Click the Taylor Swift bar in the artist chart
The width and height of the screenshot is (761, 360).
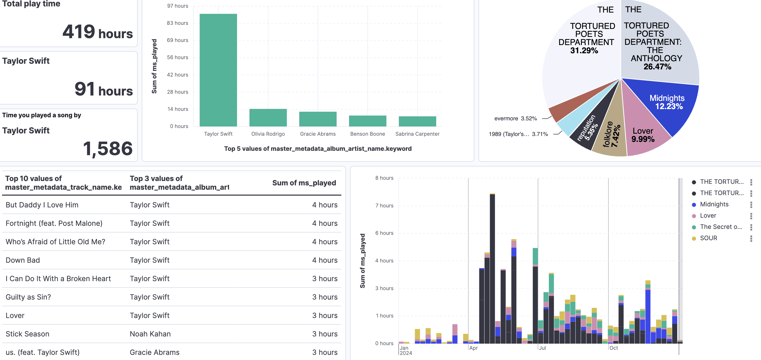(x=218, y=70)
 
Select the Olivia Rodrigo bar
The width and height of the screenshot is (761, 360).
(x=268, y=118)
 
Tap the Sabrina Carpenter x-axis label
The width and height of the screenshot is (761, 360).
(x=417, y=134)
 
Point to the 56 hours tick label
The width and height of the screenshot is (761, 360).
(x=177, y=57)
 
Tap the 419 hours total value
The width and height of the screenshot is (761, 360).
(x=97, y=32)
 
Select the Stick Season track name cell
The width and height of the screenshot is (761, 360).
(x=27, y=334)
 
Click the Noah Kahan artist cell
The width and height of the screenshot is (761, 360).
(x=150, y=334)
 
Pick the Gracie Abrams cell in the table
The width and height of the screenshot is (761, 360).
(x=155, y=352)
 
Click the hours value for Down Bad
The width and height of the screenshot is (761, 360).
(x=324, y=260)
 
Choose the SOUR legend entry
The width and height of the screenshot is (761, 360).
(x=708, y=238)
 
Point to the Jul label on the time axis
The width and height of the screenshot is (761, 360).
(x=542, y=348)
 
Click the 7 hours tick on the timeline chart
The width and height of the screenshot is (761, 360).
(x=384, y=205)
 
